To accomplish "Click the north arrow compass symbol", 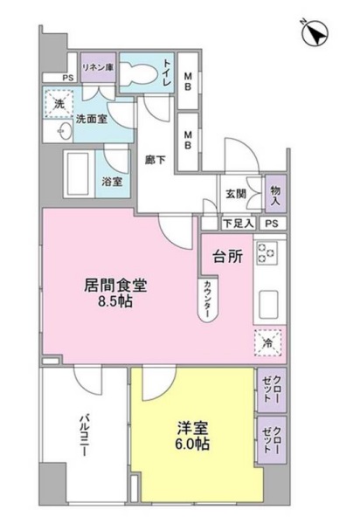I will pos(316,32).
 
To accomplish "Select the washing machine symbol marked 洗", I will pos(59,105).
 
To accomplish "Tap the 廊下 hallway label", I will pos(156,160).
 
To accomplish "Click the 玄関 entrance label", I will pos(236,194).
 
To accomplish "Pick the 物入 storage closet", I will pos(274,195).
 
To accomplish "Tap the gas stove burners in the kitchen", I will pos(267,255).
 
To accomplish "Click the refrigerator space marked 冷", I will pos(267,342).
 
